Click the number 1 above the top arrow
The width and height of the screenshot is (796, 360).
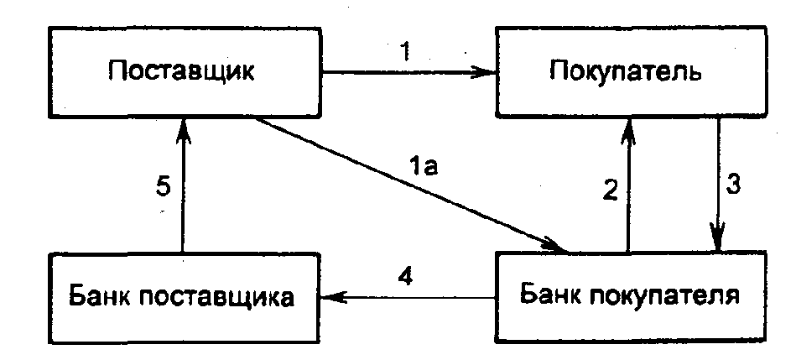tap(406, 52)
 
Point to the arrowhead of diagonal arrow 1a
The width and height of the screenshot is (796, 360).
tap(560, 248)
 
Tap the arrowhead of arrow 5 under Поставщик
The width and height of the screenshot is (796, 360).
tap(182, 126)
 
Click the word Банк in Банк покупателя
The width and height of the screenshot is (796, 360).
tap(549, 296)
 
